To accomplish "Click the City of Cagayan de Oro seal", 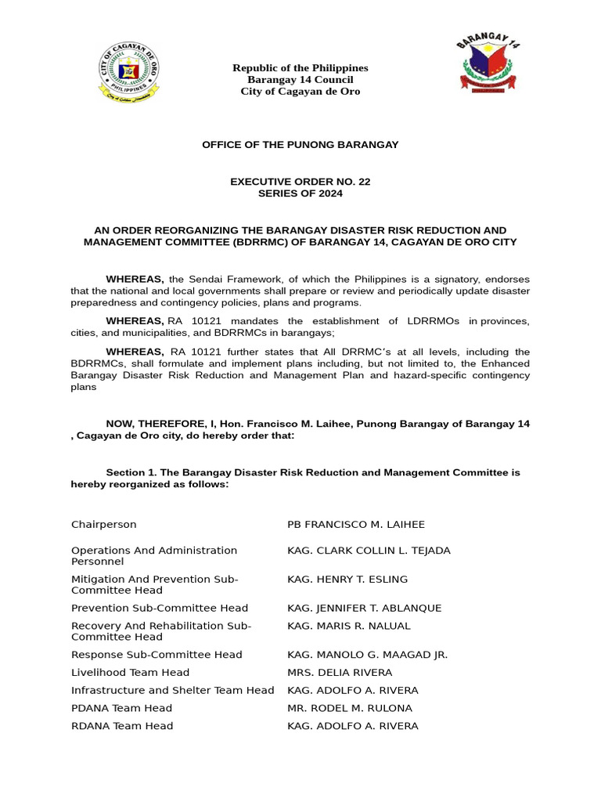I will [128, 72].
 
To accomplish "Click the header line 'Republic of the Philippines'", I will [300, 68].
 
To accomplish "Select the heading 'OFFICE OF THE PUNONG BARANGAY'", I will [300, 145].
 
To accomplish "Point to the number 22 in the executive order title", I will [363, 182].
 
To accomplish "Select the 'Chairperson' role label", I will [103, 524].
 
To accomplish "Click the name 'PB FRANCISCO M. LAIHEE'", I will [356, 524].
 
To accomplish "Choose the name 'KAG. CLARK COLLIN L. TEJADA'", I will [369, 551].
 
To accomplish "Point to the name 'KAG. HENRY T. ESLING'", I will [347, 579].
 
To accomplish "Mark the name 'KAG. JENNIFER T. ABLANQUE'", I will [365, 608].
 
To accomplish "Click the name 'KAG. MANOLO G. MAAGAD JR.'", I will [367, 655].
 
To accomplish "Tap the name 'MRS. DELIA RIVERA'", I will [340, 672].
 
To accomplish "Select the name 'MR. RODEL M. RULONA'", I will [350, 708].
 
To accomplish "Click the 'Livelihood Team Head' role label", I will [130, 672].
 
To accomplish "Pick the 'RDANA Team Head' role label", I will [121, 726].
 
